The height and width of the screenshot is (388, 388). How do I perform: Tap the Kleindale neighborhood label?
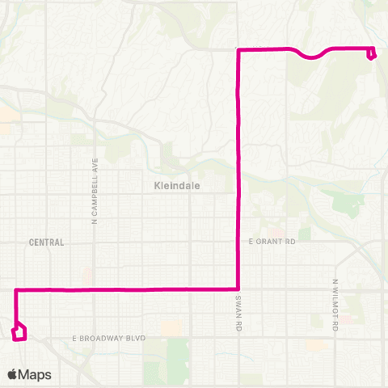click(176, 185)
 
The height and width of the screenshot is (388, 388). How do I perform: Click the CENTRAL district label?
click(45, 242)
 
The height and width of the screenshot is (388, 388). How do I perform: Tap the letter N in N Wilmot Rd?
click(334, 282)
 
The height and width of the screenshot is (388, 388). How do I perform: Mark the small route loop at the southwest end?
click(19, 331)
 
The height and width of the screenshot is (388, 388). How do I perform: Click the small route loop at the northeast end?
click(371, 54)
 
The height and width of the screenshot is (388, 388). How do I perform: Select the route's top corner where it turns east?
click(238, 49)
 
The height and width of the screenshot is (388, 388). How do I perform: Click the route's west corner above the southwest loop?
click(16, 289)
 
